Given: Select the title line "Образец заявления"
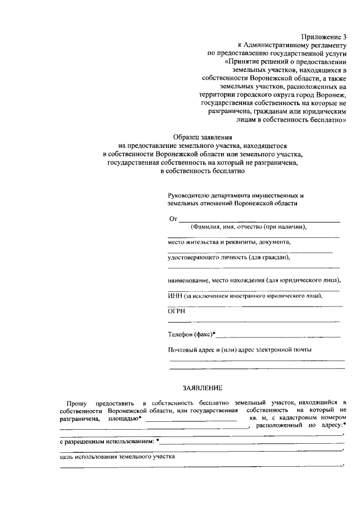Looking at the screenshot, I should coord(203,136).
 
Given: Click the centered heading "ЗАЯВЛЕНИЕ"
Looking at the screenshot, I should coord(203,388).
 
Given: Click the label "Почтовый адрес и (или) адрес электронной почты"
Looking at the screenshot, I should coord(240,349).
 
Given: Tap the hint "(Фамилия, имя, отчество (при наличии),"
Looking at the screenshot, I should coord(249,227).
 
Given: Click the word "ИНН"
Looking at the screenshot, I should coord(175,295).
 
